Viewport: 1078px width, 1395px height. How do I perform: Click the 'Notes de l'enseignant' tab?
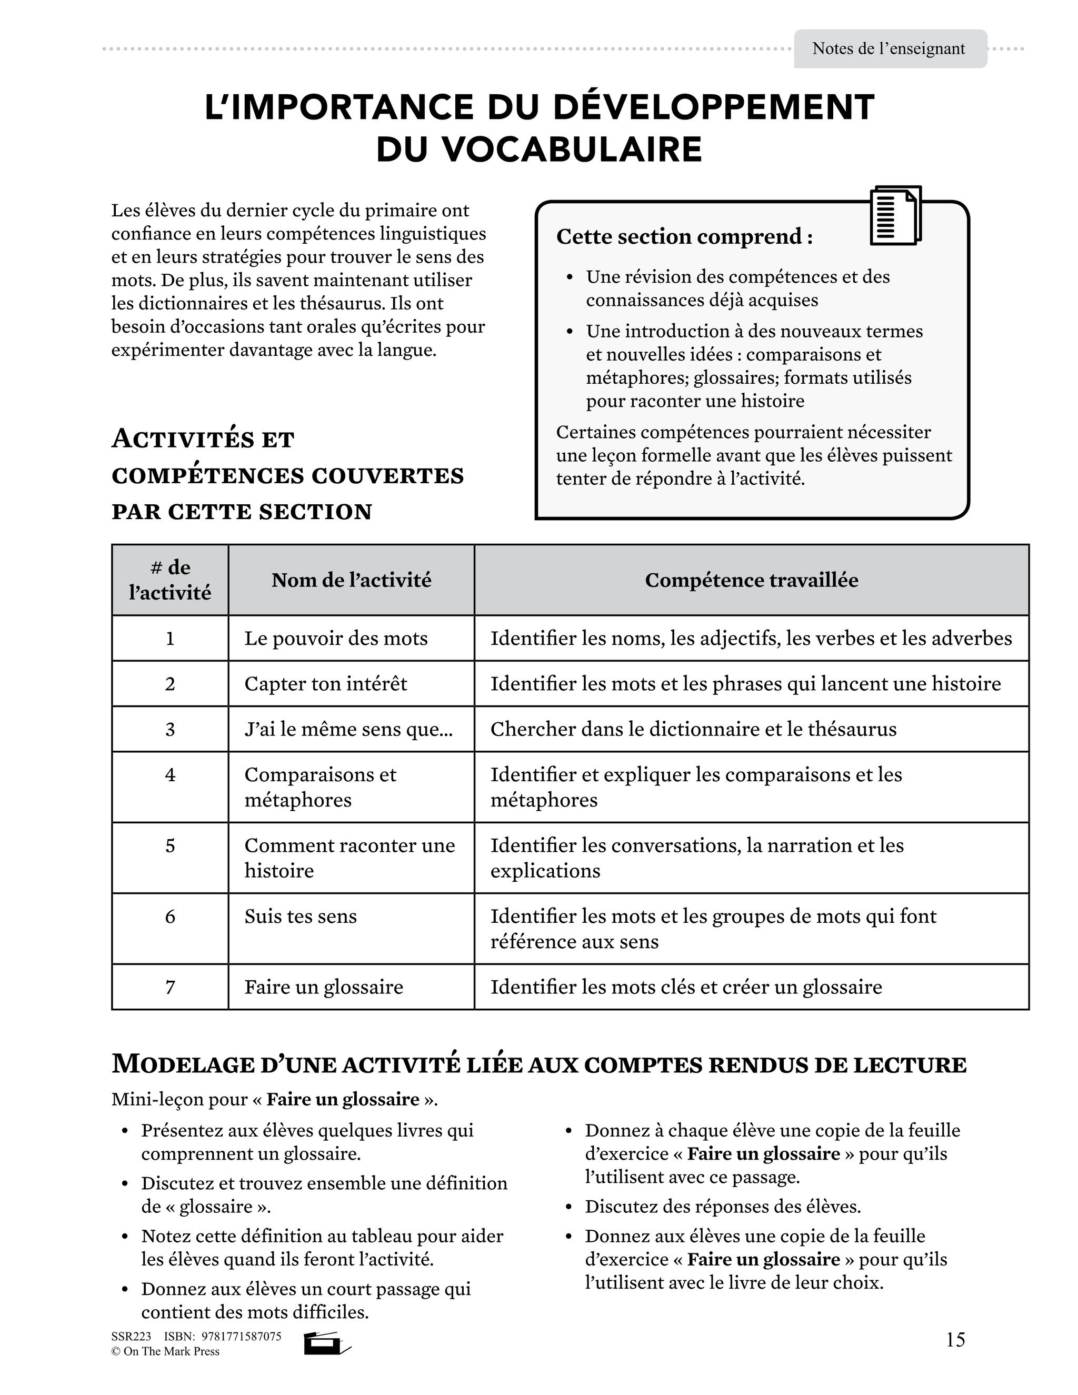coord(889,49)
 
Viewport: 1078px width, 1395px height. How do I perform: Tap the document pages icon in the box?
coord(895,216)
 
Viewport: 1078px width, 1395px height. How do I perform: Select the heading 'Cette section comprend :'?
coord(684,236)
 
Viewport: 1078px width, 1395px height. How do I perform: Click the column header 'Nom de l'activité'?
coord(351,580)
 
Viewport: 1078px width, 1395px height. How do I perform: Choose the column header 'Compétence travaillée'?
coord(751,580)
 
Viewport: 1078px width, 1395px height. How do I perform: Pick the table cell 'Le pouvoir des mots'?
coord(336,638)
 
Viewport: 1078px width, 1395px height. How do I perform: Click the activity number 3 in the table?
coord(170,729)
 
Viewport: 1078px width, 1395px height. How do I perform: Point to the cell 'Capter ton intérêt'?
coord(326,683)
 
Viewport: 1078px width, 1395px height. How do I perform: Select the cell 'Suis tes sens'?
coord(301,916)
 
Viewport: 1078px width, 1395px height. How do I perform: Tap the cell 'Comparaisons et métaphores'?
coord(321,787)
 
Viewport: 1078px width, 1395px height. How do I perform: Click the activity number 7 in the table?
coord(170,987)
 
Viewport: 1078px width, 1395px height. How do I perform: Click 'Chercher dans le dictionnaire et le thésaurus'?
coord(693,729)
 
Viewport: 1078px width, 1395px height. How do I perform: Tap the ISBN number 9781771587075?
coord(242,1336)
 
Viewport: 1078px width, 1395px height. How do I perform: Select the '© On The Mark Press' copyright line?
coord(165,1351)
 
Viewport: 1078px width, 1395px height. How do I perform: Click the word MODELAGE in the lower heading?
coord(184,1065)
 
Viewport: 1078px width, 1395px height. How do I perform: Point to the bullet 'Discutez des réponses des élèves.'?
coord(722,1207)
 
